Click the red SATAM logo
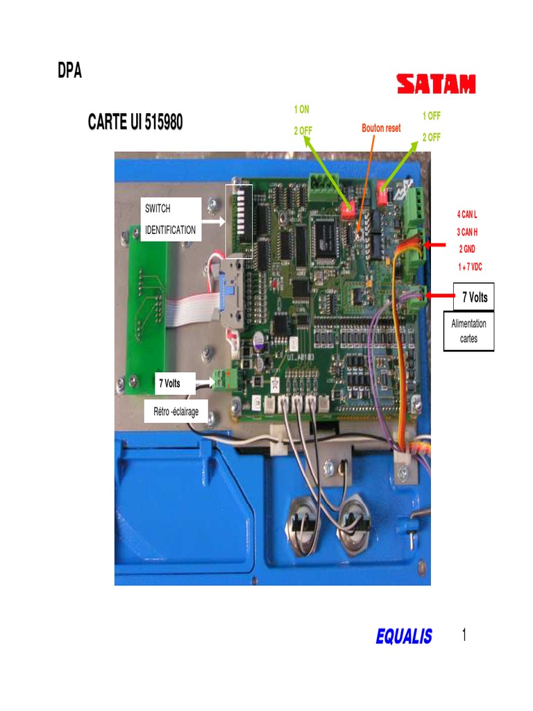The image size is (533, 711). (x=436, y=85)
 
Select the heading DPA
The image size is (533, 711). (x=69, y=71)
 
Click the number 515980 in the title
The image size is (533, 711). (x=164, y=123)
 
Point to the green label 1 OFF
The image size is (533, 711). (x=432, y=116)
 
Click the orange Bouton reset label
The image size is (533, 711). (x=381, y=128)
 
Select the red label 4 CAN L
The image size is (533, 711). (x=467, y=215)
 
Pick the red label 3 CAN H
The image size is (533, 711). (x=467, y=232)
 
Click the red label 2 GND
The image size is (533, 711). (x=467, y=249)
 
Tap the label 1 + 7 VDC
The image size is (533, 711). (x=469, y=267)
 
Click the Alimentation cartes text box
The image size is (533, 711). (x=468, y=331)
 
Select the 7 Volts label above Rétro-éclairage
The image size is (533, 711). (x=169, y=383)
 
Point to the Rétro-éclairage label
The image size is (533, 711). (x=176, y=412)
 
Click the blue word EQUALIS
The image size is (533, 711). (x=404, y=636)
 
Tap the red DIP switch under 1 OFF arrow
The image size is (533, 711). (x=383, y=189)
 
